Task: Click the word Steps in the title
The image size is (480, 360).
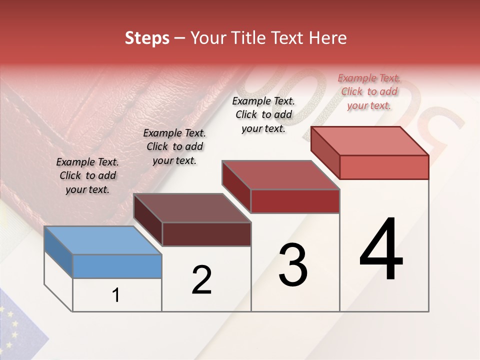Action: click(x=147, y=38)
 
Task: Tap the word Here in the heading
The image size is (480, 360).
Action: click(x=326, y=38)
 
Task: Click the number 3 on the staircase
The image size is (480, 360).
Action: click(x=292, y=265)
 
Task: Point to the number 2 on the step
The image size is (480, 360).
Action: click(x=201, y=280)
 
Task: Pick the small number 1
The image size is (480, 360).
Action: click(x=116, y=295)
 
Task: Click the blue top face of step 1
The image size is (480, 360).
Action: click(x=102, y=240)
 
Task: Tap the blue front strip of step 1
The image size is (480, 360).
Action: click(x=117, y=266)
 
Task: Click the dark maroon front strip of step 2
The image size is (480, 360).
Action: click(x=206, y=234)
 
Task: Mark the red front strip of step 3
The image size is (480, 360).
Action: click(x=295, y=201)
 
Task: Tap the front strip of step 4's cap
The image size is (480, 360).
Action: click(x=384, y=167)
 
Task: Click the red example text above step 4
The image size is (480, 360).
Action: click(x=369, y=91)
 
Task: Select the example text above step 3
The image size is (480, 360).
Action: click(x=263, y=114)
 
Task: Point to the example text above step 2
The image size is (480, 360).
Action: click(x=174, y=146)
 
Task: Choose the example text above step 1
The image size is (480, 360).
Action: click(x=87, y=176)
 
